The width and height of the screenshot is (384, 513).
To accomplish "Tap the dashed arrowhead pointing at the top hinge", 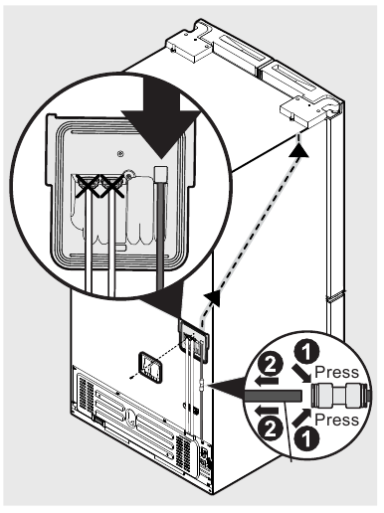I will click(296, 146).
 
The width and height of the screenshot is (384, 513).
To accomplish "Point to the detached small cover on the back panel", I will click(151, 370).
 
